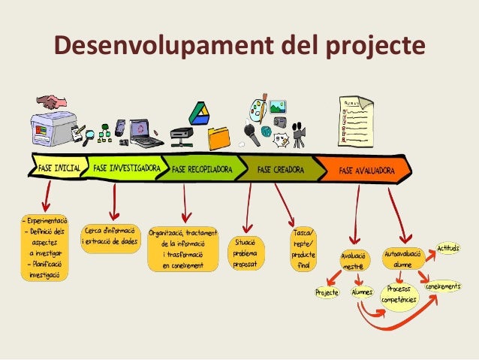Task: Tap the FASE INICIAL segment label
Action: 58,169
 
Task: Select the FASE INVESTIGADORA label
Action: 125,169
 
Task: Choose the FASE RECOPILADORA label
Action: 202,170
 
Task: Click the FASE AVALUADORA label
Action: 366,171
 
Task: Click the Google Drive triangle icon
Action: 198,112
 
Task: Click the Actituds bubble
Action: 448,249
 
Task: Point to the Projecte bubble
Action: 327,292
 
